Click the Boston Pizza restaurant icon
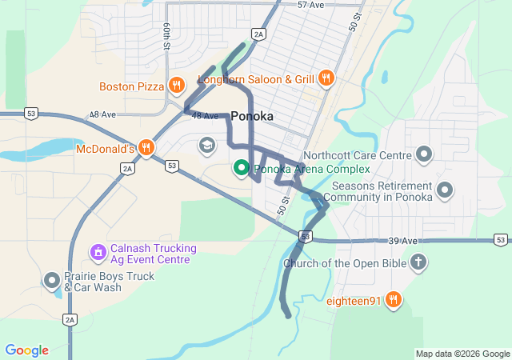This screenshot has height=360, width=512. coord(177,86)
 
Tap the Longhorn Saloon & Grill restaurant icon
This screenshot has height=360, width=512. coord(326,78)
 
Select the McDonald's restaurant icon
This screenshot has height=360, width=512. coord(146,148)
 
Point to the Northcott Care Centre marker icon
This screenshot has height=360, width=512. coord(424,154)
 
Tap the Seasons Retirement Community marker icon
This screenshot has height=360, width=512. coord(445,190)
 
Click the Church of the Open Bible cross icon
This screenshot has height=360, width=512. coord(418,262)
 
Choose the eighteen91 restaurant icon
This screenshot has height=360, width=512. coord(393,300)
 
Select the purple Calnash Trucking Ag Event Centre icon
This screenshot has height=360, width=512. coord(98,253)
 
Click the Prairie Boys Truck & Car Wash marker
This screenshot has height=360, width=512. coord(52,281)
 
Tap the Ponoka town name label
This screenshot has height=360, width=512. coord(252,116)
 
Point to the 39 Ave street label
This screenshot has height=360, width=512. coord(404,241)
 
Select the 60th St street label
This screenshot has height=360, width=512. coord(167,36)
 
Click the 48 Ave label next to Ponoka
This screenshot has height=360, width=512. coord(205,116)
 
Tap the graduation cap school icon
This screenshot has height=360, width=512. coord(207,145)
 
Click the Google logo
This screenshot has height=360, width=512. coord(26,350)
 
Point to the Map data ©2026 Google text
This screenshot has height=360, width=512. coord(462,354)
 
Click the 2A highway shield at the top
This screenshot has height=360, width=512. coord(258,34)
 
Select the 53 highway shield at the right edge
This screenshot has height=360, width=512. coord(500,239)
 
